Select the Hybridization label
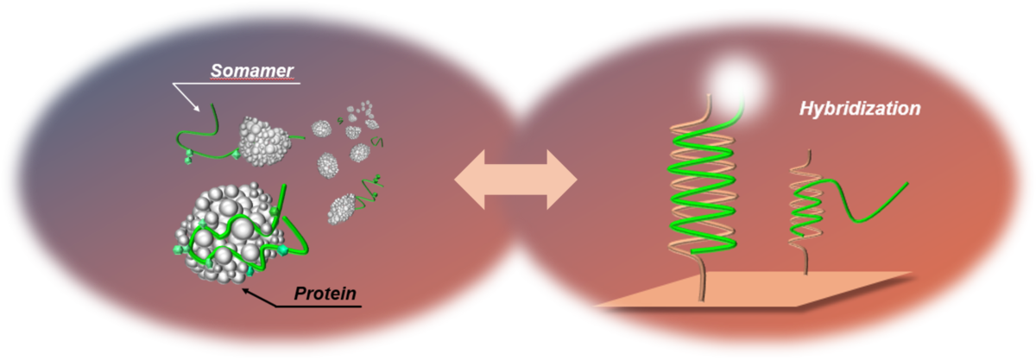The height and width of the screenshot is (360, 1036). point(860,111)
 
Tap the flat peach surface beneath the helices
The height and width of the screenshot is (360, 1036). point(760,288)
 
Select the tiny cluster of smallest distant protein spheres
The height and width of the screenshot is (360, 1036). point(367,110)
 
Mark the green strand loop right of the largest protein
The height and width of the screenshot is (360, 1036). point(294,237)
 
